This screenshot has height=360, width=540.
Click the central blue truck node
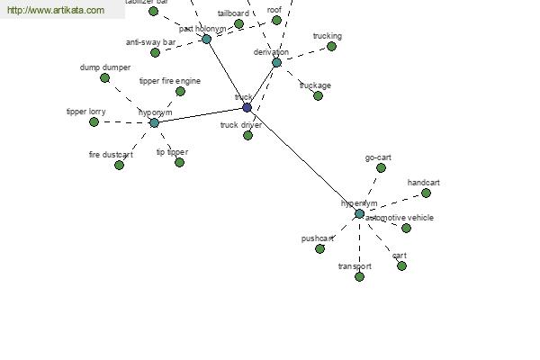[x=247, y=107]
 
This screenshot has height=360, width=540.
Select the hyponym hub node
[x=154, y=122]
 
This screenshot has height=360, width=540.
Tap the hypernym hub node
[x=359, y=214]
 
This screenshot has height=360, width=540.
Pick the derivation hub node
[x=276, y=62]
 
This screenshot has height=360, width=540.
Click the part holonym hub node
[x=207, y=39]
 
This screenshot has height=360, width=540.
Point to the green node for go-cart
[x=381, y=167]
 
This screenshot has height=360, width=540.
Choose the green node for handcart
[x=426, y=193]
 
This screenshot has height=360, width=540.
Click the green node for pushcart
[x=319, y=248]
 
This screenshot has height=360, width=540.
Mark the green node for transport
[x=359, y=276]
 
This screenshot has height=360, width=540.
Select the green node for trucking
[x=331, y=46]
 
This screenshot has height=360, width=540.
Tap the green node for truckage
[x=318, y=95]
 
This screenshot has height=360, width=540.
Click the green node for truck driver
[x=247, y=135]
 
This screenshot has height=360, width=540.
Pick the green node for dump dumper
[x=104, y=78]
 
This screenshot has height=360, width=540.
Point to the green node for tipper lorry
[x=94, y=121]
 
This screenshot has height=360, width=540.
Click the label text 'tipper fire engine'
[x=170, y=81]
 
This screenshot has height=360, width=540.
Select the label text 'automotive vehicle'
[x=400, y=218]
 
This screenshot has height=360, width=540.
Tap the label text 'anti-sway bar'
[x=150, y=41]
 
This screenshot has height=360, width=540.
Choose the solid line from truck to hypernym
[x=303, y=160]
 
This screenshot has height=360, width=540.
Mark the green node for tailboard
[x=238, y=24]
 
